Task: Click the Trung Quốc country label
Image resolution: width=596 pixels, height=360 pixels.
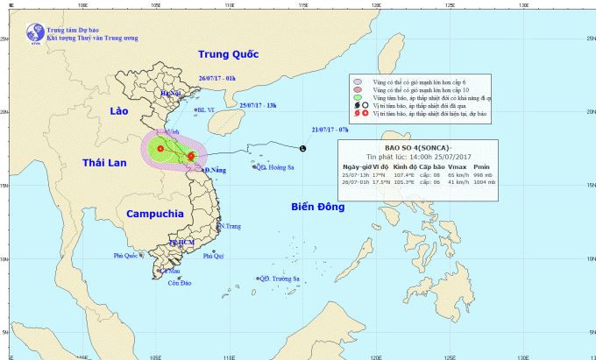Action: pos(230,54)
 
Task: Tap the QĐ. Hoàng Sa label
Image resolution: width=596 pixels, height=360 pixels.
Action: pos(273,166)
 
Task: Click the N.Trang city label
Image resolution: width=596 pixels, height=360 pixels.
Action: pos(230,226)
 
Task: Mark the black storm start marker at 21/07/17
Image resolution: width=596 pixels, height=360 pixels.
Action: pos(303,148)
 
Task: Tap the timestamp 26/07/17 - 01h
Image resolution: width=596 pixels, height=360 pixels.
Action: pos(217,78)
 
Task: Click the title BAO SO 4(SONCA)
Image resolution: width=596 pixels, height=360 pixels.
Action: pos(417,147)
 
